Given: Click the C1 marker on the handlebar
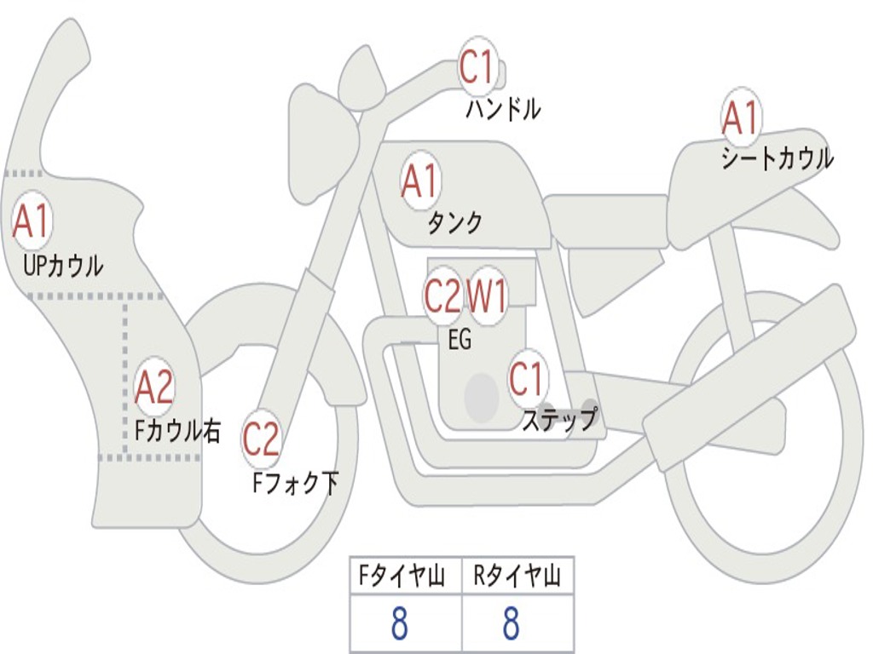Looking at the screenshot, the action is click(x=477, y=66).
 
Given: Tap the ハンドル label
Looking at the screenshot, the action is click(x=503, y=110).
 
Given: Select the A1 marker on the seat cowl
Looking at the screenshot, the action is click(x=740, y=118).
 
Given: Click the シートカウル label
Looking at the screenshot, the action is click(x=777, y=159).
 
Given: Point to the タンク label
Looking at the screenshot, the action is click(x=454, y=223).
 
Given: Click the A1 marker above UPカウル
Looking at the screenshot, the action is click(x=32, y=221).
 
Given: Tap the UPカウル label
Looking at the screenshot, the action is click(x=63, y=266).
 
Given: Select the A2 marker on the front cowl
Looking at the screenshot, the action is click(x=154, y=387).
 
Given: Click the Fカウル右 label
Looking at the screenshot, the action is click(x=177, y=431).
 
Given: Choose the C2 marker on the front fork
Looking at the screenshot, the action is click(x=261, y=439).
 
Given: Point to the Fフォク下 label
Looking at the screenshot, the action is click(x=295, y=484).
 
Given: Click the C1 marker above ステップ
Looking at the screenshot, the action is click(x=527, y=378).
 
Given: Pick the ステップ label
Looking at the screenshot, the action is click(x=559, y=420).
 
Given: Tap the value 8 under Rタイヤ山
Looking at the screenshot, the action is click(x=512, y=624).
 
